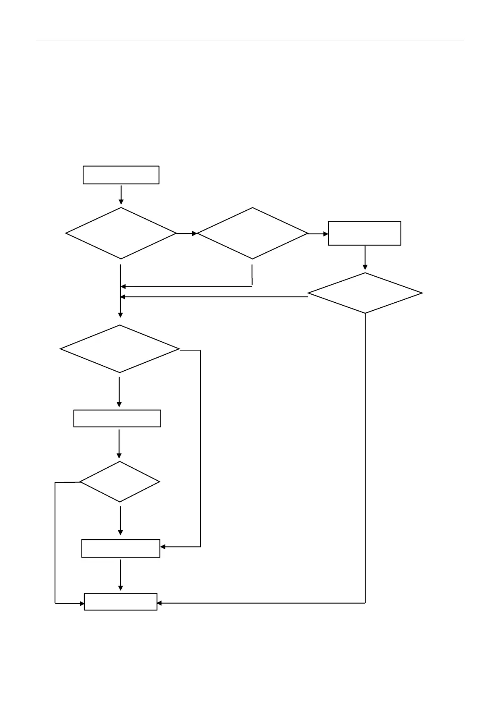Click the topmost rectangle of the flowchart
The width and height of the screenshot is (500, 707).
point(121,175)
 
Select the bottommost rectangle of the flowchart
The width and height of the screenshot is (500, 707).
point(120,602)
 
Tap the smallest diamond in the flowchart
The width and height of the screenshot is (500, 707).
point(120,482)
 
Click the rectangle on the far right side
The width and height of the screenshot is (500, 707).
point(364,233)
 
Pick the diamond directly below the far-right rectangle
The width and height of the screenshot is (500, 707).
point(365,293)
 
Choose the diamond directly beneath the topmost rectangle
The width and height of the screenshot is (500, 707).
point(121,233)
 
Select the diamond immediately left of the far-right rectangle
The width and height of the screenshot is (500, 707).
point(252,233)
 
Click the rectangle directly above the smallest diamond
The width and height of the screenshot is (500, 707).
point(117,418)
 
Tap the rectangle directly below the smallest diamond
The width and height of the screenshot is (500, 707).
point(120,548)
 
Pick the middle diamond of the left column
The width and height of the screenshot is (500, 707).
point(120,349)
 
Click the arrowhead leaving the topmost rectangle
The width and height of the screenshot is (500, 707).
point(121,202)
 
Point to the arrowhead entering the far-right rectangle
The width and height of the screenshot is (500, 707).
point(326,233)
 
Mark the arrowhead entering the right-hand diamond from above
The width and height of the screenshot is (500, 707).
point(365,267)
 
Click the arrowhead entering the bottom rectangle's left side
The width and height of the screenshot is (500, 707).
point(82,604)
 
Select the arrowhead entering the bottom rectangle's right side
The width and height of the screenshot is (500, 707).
point(160,603)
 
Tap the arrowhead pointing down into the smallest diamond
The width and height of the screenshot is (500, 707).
point(119,456)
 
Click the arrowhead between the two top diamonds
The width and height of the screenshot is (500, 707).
point(194,233)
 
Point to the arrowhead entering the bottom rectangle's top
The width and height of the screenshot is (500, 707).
point(120,588)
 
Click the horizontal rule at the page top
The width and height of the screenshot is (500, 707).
point(250,40)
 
